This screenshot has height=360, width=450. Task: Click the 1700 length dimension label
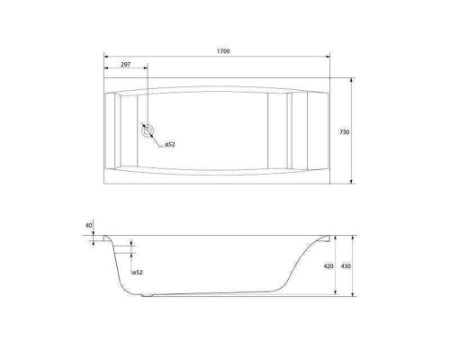point(223,51)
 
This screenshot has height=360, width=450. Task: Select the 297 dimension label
point(125,65)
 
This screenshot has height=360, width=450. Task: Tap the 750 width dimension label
point(345,132)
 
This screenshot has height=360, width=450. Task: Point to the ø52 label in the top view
point(170,145)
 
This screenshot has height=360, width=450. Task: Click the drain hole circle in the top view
point(148,130)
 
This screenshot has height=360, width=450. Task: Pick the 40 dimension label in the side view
point(89,225)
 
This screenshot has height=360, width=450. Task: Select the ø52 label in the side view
point(137,273)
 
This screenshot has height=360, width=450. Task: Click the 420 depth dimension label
point(328,266)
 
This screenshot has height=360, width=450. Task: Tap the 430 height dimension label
point(346,266)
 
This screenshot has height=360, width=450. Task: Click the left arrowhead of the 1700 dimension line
point(106,56)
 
